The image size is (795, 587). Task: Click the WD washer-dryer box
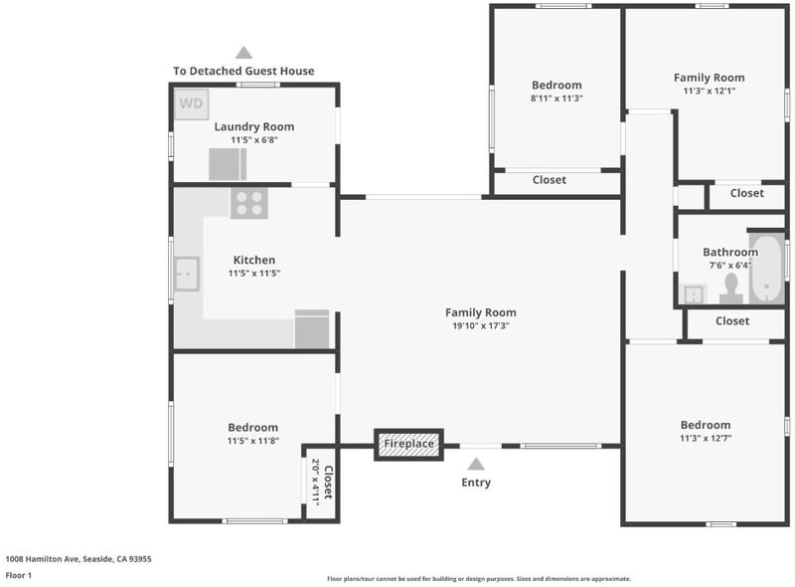tap(191, 104)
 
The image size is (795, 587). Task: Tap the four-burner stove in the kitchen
tap(249, 203)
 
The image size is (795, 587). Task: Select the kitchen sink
tap(187, 274)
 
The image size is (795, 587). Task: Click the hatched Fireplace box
tap(408, 445)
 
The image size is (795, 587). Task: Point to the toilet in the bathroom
tap(731, 289)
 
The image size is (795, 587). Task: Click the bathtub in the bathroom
tap(766, 268)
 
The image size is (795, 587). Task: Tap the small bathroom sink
tap(693, 293)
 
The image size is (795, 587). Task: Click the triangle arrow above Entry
tap(476, 464)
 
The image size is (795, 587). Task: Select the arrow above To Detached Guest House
tap(243, 53)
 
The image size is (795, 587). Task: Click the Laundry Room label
tap(254, 126)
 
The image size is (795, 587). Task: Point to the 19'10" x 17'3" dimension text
tap(481, 326)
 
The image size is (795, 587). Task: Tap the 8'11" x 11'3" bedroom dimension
tap(556, 98)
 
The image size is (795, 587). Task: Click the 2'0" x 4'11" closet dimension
tap(315, 482)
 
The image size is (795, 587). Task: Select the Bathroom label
tap(730, 252)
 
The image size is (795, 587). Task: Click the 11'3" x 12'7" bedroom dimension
tap(706, 438)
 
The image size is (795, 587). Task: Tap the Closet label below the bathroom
tap(732, 321)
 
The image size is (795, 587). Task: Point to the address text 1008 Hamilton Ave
tap(43, 559)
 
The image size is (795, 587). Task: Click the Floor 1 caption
tap(19, 575)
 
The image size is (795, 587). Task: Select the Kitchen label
tap(254, 260)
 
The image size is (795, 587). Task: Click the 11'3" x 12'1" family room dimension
tap(710, 92)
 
